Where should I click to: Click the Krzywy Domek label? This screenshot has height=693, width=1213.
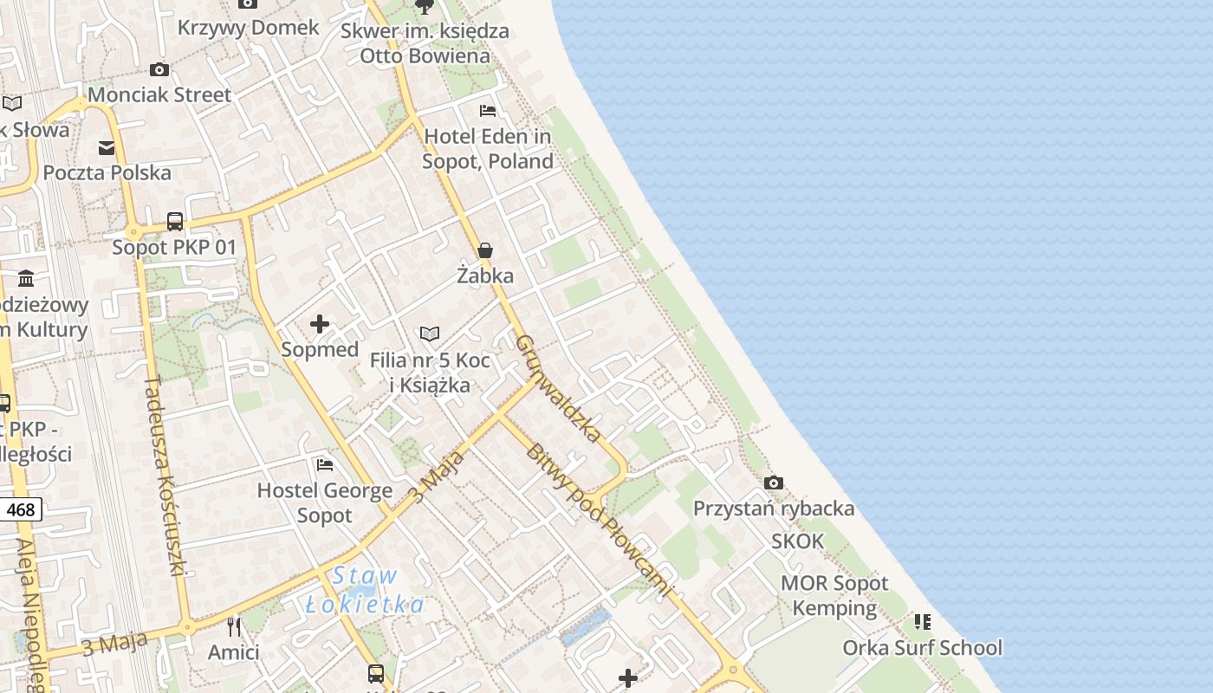249,28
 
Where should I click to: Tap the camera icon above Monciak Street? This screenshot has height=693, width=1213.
159,69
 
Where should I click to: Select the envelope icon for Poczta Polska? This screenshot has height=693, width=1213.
107,148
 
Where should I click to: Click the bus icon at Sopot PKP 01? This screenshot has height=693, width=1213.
175,222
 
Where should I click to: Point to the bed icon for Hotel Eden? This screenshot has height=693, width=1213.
488,111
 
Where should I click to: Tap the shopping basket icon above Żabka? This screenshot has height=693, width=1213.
485,251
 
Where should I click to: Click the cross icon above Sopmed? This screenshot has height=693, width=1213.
320,324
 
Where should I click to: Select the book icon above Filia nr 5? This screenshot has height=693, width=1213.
430,334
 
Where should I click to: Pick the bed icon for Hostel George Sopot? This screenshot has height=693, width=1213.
325,465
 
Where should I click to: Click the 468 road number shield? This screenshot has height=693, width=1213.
21,510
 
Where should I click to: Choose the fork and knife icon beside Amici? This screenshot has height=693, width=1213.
233,625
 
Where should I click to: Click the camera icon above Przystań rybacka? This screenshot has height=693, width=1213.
774,483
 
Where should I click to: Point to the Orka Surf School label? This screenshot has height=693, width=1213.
923,648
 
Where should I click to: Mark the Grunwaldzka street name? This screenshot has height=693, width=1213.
557,387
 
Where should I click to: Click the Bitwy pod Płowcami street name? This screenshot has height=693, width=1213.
598,520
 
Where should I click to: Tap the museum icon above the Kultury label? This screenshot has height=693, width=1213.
26,279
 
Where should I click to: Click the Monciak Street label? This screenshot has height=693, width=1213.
160,95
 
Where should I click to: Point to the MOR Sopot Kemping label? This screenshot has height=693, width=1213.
835,595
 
